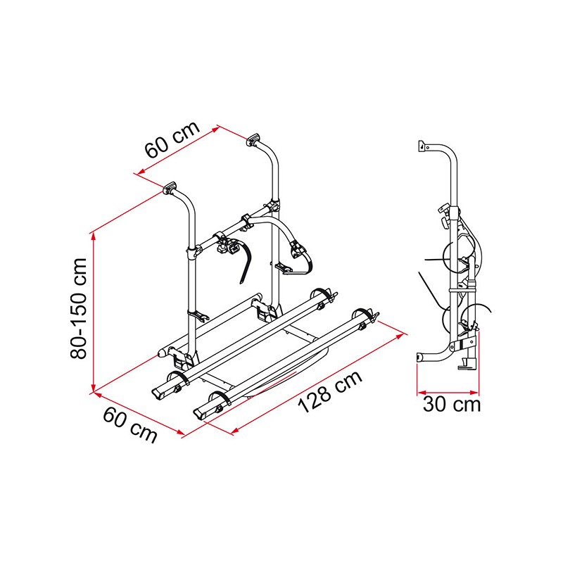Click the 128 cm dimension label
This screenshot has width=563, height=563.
pyautogui.click(x=330, y=391)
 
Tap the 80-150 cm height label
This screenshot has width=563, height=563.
pyautogui.click(x=79, y=308)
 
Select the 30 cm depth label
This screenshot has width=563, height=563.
pyautogui.click(x=452, y=404)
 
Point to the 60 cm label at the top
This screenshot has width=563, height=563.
pyautogui.click(x=172, y=139)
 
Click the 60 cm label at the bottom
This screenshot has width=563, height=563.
pyautogui.click(x=130, y=425)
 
